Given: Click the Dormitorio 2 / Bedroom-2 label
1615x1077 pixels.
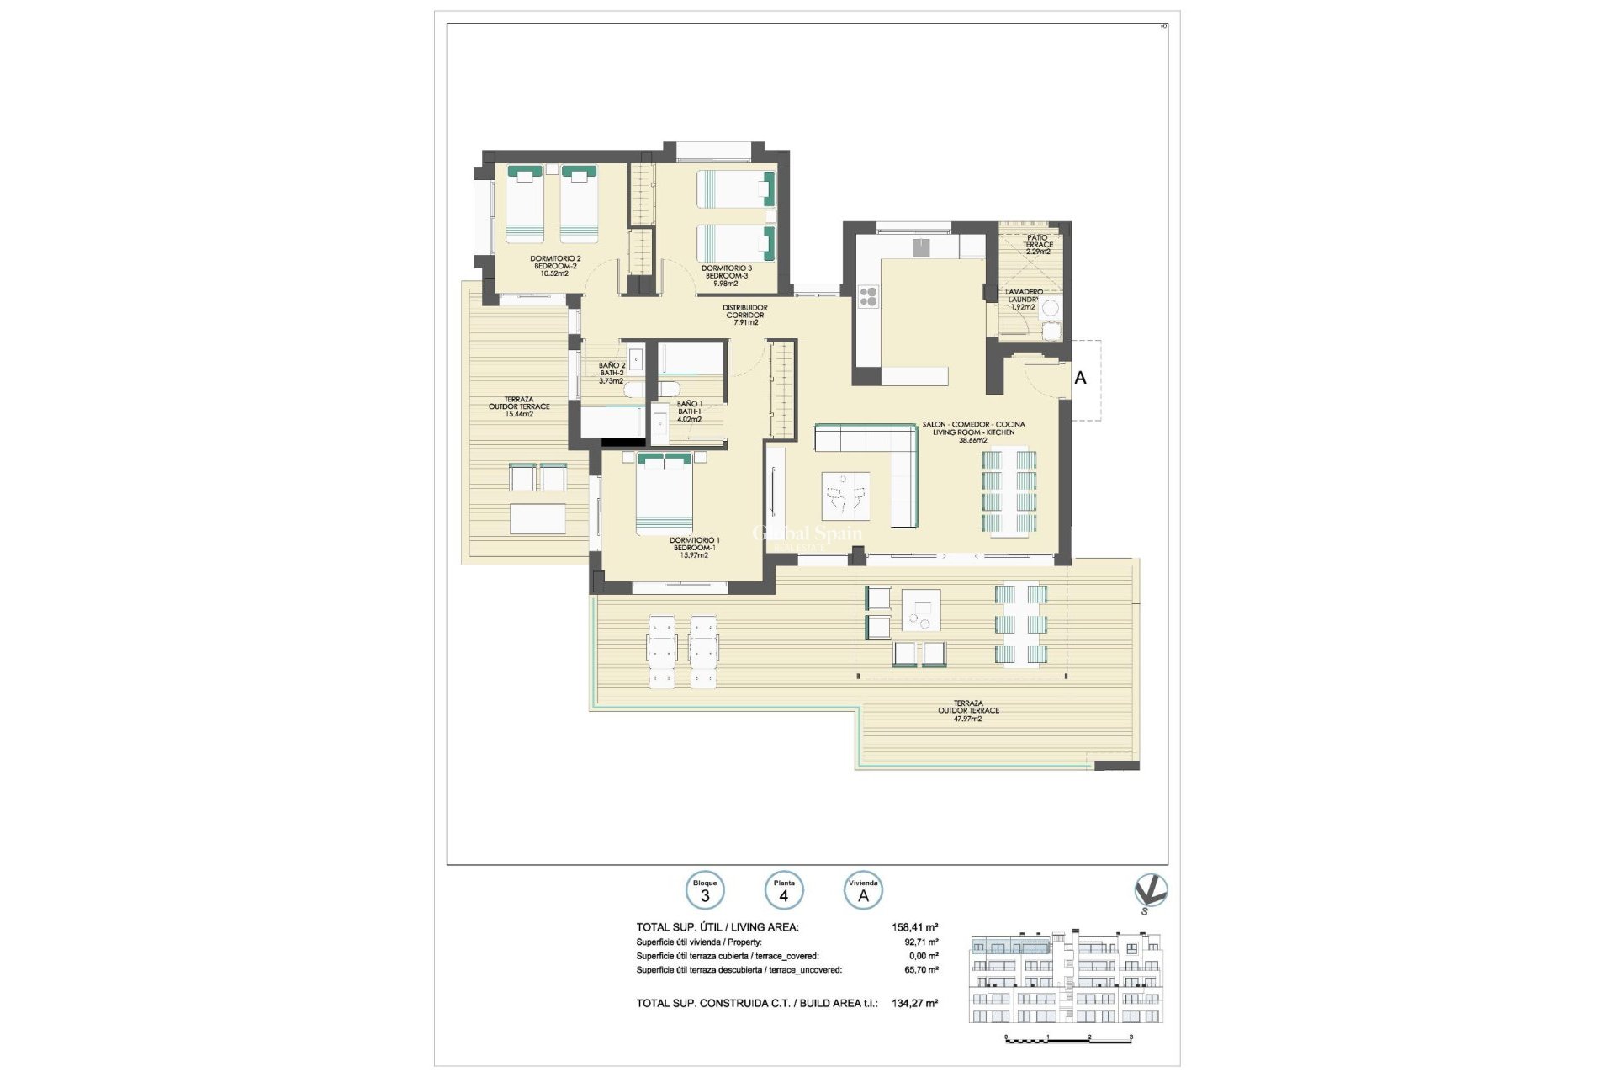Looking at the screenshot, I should [x=554, y=266].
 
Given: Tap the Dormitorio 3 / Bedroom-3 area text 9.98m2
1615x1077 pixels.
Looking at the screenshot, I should [x=725, y=284].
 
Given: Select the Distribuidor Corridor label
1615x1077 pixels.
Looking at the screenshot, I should [x=745, y=315].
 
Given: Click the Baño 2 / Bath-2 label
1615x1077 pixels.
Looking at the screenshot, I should [x=611, y=373].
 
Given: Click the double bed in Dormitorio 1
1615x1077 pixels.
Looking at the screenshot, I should [x=665, y=495].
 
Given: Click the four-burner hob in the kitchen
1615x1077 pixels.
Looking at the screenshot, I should [x=868, y=296].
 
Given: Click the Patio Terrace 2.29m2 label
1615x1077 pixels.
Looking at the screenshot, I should [x=1037, y=244].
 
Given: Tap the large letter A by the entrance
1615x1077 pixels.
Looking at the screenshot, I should [x=1080, y=378].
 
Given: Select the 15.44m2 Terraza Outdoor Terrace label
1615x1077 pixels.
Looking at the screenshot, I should [x=519, y=406].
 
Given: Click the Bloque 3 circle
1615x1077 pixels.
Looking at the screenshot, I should [x=705, y=891].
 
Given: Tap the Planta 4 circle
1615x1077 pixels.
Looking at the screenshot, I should [x=784, y=891].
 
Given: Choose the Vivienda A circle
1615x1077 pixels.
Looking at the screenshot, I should [x=863, y=891].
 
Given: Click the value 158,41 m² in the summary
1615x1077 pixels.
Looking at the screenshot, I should [x=914, y=927].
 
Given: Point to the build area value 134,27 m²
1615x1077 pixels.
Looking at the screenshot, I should [x=914, y=1003].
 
